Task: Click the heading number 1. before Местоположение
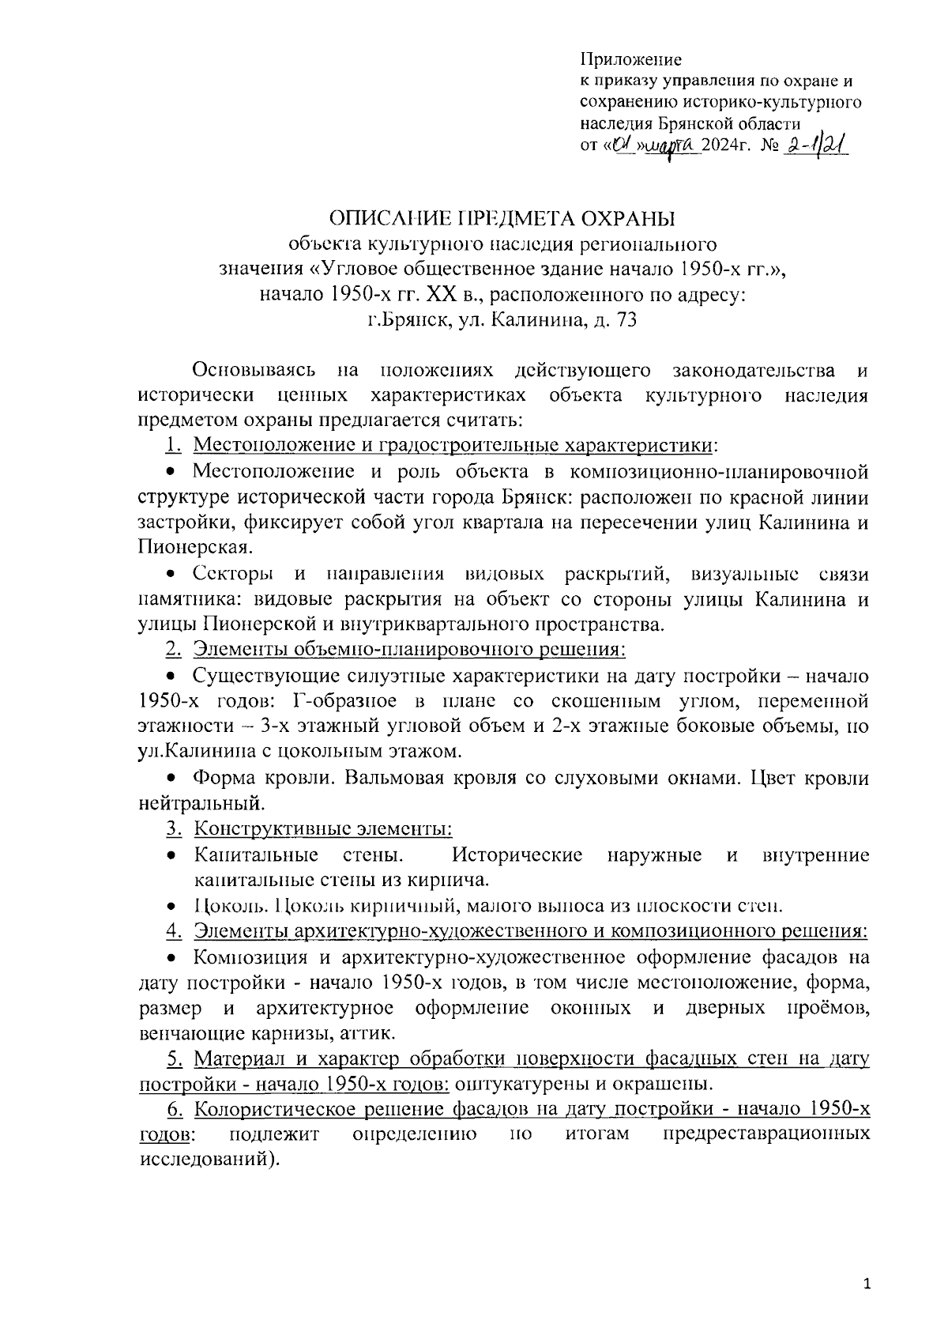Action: [x=174, y=445]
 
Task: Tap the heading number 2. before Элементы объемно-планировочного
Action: [x=174, y=650]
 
